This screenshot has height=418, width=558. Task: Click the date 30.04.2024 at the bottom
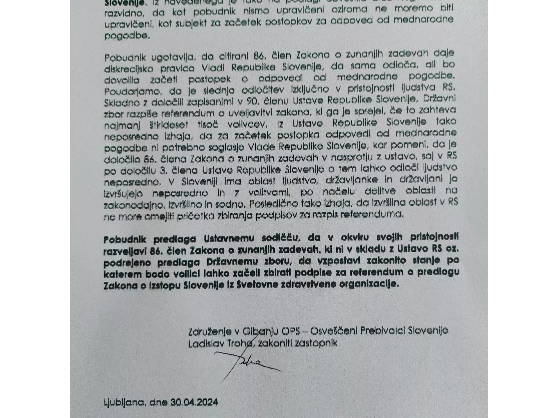[x=194, y=402]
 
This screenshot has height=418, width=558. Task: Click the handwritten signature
[x=247, y=365]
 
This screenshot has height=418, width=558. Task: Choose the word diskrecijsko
[x=129, y=68]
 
